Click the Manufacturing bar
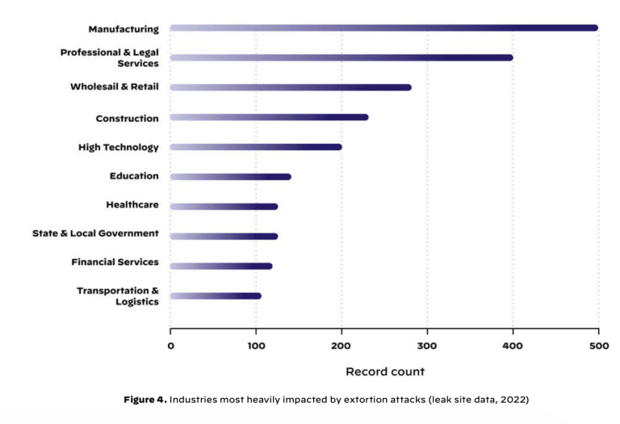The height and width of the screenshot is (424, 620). (383, 28)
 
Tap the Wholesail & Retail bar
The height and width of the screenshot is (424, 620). (291, 87)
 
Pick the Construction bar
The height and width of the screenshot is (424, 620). (269, 117)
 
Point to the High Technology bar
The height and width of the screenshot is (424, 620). (256, 147)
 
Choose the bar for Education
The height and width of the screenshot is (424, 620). (230, 177)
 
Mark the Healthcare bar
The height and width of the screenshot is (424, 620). (224, 207)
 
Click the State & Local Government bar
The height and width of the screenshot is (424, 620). (224, 237)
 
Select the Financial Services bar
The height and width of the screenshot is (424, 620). (221, 266)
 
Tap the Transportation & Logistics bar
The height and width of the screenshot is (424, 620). (216, 296)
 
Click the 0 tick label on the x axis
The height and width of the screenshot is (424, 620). (170, 346)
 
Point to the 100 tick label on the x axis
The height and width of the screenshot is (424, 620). (256, 346)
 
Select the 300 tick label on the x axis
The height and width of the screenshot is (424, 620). (427, 346)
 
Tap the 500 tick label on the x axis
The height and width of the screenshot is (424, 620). (597, 346)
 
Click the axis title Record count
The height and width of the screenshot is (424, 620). (384, 372)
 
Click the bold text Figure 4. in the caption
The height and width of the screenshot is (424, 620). (145, 400)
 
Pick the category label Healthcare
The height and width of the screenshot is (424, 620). (132, 205)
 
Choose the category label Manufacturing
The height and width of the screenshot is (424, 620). (124, 29)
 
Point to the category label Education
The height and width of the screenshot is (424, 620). (134, 176)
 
